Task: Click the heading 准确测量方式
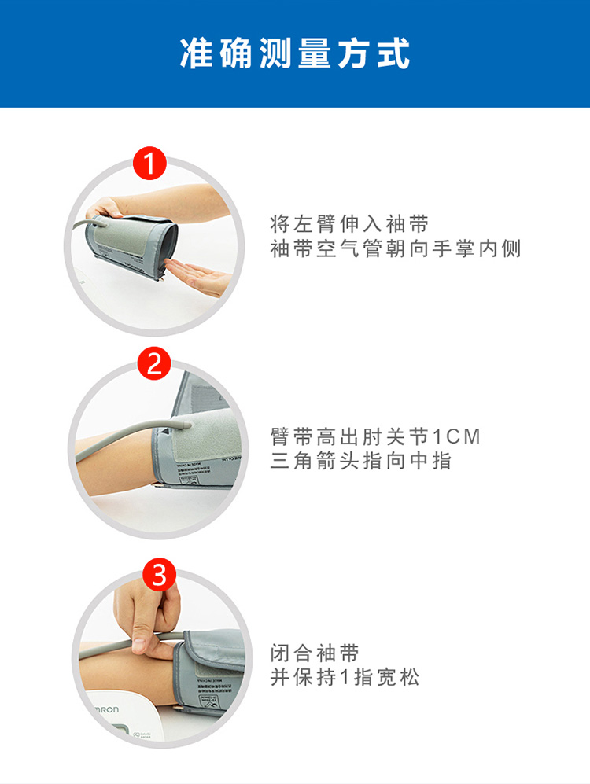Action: click(295, 53)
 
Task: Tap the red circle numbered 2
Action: click(154, 363)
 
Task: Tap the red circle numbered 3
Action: click(158, 576)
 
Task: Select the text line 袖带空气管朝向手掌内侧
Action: click(396, 249)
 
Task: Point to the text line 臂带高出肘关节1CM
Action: click(375, 436)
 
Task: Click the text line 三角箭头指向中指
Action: click(361, 461)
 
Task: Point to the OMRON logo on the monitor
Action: click(101, 710)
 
